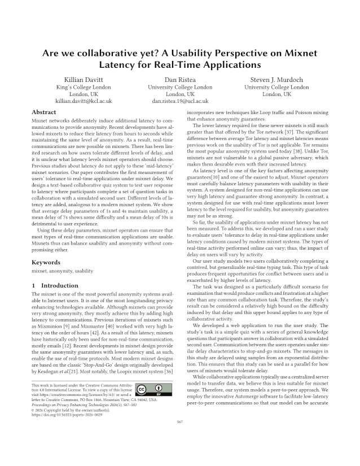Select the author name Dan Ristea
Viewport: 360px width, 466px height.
pos(180,80)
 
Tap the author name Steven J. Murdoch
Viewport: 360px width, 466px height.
pos(276,80)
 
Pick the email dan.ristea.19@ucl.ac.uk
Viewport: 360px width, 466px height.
pos(180,101)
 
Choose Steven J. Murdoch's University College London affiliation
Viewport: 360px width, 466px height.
pos(276,88)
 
